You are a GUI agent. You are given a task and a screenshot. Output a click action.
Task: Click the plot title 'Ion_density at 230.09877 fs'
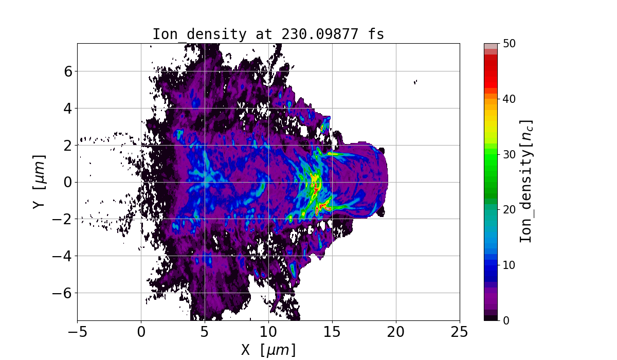(268, 34)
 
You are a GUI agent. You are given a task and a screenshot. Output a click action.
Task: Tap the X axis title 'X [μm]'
(268, 350)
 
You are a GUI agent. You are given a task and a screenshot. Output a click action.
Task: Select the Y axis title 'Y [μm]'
(39, 182)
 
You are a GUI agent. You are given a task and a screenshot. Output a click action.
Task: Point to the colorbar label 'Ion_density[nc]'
(526, 182)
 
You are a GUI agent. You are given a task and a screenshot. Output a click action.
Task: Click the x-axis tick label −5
(77, 332)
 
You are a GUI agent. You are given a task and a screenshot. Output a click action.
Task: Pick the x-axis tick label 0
(141, 332)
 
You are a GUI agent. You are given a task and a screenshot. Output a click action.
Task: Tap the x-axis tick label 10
(268, 332)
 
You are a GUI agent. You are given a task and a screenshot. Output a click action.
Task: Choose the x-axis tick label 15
(332, 332)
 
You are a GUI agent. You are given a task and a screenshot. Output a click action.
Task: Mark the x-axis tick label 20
(396, 332)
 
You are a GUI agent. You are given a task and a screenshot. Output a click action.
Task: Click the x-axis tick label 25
(460, 332)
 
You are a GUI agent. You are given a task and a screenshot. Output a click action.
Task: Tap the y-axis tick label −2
(63, 219)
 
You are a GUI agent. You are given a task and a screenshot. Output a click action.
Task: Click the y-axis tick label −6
(63, 293)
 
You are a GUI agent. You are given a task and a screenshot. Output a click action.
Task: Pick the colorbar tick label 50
(509, 44)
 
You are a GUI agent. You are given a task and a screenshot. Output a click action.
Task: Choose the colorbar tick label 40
(509, 99)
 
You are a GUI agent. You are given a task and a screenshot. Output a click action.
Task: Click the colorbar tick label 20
(509, 210)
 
